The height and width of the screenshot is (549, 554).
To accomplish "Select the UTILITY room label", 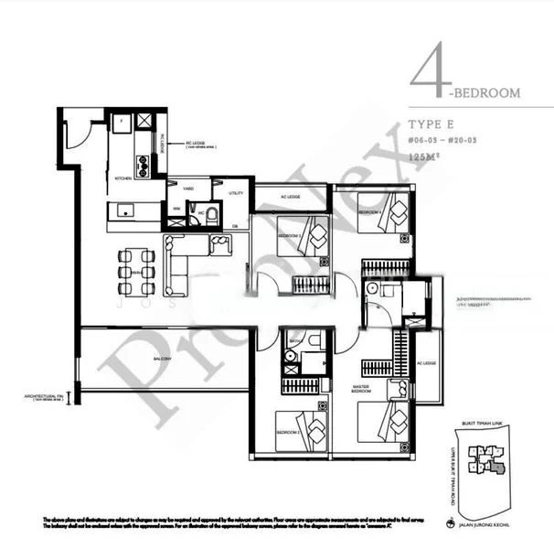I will pos(235,194).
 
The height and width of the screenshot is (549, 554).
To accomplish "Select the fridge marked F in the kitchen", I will pos(119,121).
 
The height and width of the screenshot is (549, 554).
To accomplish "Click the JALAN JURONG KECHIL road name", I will pos(495,527).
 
